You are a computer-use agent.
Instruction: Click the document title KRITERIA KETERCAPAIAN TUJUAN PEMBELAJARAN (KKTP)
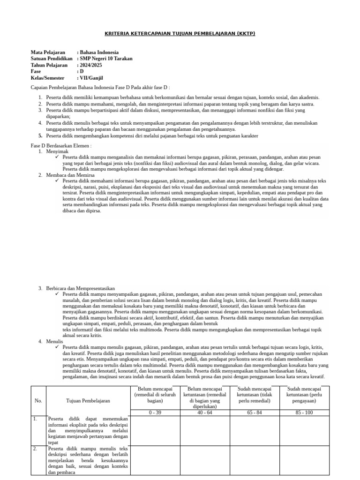180,34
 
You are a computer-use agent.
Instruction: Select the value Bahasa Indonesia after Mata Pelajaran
99,52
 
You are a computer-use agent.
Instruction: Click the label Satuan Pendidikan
52,59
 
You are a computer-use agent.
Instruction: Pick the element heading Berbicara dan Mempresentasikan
81,288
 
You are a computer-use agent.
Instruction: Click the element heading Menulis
54,342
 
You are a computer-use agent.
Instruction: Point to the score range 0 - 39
155,412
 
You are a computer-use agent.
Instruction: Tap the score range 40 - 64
204,412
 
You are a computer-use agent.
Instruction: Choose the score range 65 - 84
254,412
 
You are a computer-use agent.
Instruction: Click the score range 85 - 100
305,412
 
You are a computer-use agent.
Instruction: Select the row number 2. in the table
35,449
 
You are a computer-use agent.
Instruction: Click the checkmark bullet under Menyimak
57,157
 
